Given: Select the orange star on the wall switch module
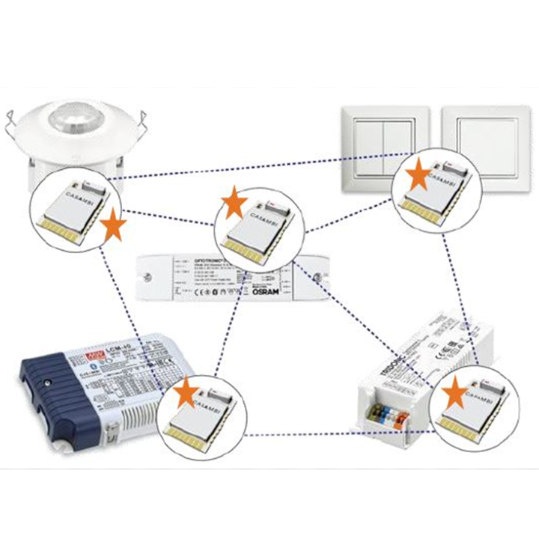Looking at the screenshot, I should coord(418,176).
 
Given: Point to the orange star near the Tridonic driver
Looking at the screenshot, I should coord(454,392).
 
